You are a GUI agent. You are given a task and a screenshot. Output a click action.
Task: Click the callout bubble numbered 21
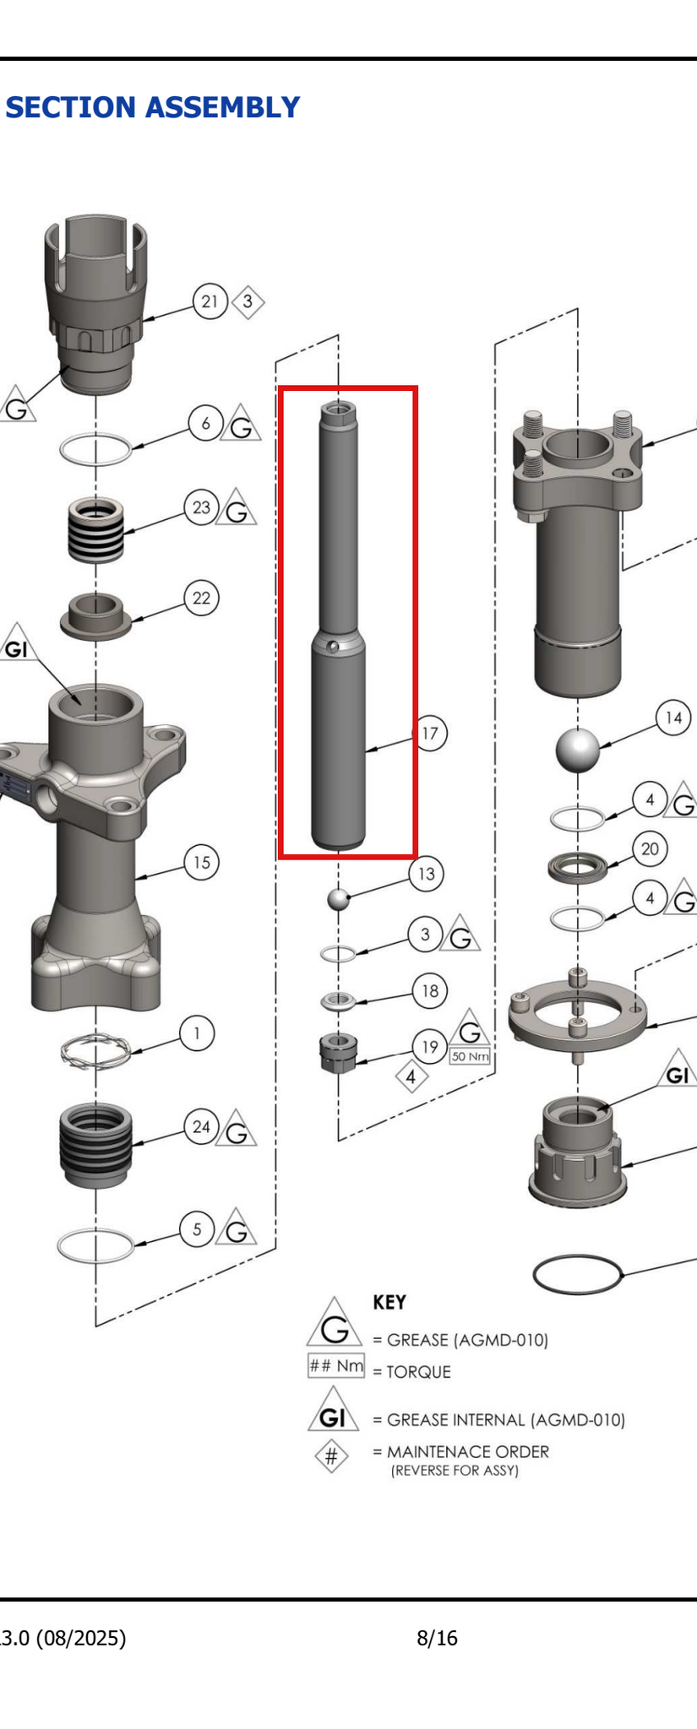[210, 301]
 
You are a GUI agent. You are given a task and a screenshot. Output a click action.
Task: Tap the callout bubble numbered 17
[430, 733]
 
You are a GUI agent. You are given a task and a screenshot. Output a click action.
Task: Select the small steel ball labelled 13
[338, 899]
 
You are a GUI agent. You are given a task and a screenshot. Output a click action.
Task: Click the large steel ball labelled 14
[578, 749]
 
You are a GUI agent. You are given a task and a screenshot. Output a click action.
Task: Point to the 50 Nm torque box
[471, 1056]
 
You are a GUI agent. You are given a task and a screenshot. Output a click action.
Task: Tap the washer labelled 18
[339, 1001]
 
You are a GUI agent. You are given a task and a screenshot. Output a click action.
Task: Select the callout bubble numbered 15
[201, 863]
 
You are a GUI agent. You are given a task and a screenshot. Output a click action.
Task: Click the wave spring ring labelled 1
[95, 1051]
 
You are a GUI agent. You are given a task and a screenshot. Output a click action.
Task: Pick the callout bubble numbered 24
[201, 1127]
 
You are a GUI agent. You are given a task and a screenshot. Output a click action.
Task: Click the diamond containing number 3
[248, 301]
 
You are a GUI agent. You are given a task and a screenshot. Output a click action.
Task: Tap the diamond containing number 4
[411, 1077]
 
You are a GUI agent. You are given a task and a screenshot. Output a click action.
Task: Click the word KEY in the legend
[389, 1303]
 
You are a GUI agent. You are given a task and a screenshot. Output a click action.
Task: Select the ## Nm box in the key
[336, 1366]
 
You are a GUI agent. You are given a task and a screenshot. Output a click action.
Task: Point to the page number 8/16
[437, 1639]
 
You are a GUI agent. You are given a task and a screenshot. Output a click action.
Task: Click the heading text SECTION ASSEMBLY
[153, 108]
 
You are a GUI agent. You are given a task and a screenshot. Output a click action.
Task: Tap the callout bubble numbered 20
[650, 849]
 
